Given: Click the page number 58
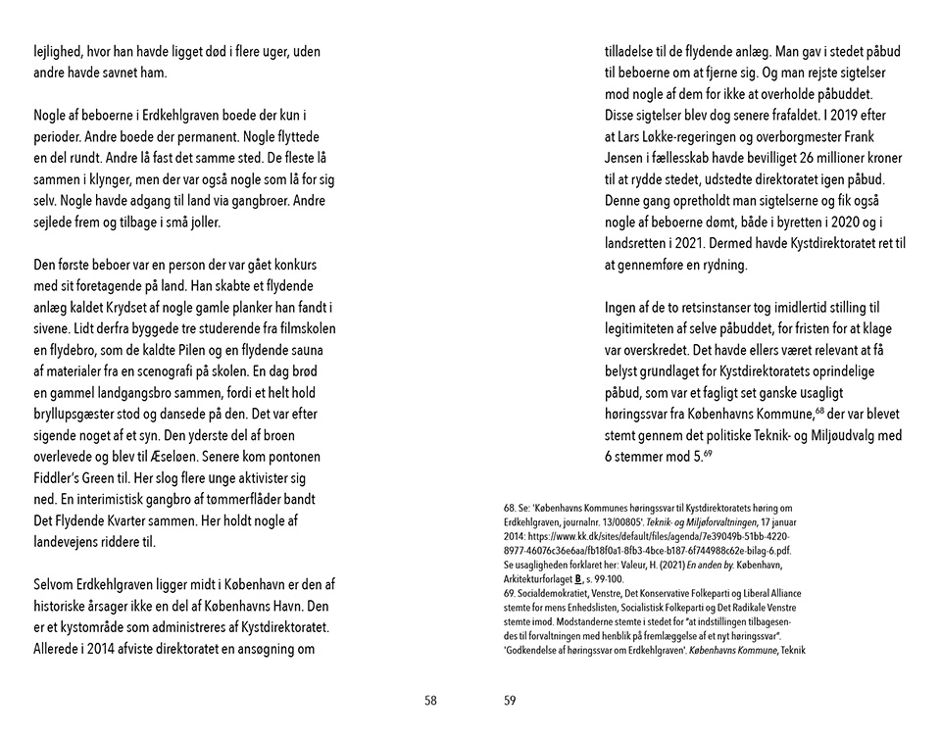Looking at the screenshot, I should click(x=430, y=700).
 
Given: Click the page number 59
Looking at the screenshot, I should click(x=510, y=700).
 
